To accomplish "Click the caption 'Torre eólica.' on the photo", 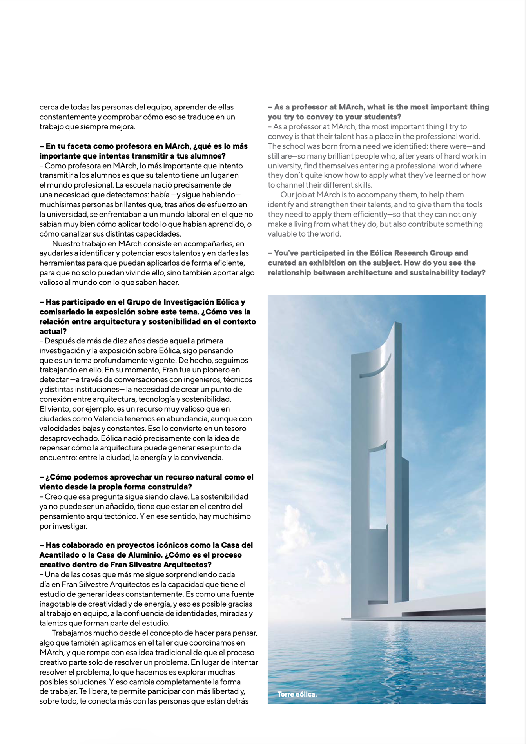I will (x=297, y=694).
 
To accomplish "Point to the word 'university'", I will (x=285, y=166).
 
